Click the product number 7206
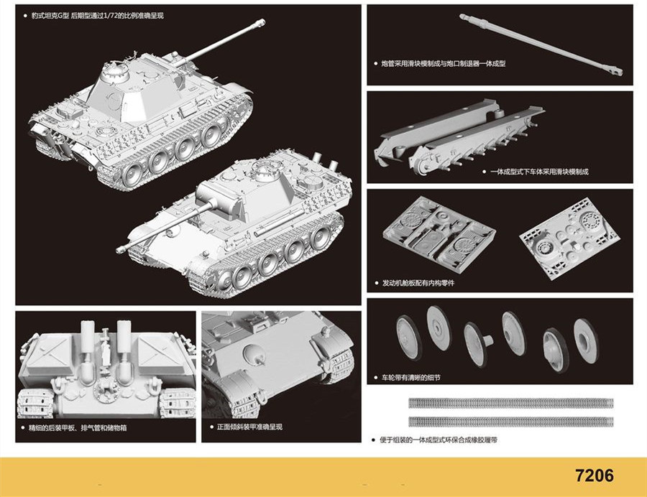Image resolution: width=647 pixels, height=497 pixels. coord(595,475)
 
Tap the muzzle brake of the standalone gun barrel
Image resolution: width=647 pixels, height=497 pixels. coord(615,73)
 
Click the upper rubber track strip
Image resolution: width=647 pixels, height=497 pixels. coord(511,403)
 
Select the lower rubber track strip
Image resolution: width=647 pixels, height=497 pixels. coord(511,421)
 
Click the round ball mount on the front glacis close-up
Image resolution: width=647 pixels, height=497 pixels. coord(254,353)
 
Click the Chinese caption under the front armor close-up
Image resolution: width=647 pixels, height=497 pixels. coord(249,427)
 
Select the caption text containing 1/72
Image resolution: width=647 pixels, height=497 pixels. coord(98,16)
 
